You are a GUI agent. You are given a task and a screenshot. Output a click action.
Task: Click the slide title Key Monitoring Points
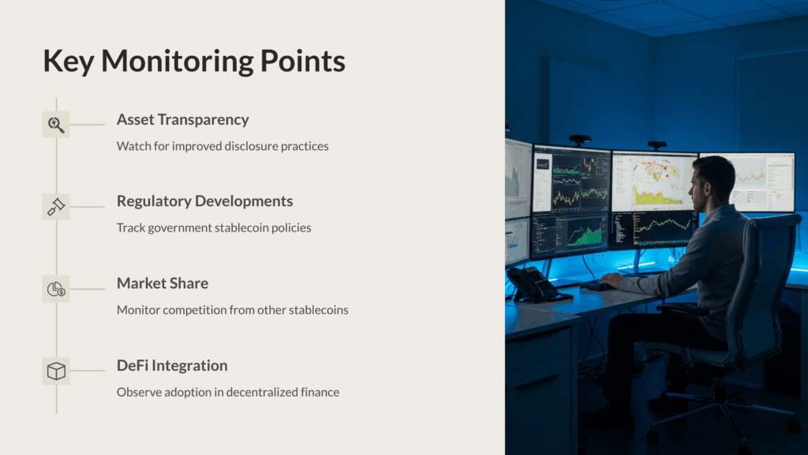click(194, 62)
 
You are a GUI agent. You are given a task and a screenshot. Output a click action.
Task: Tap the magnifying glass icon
click(56, 124)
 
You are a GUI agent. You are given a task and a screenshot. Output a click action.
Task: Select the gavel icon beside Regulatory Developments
click(56, 206)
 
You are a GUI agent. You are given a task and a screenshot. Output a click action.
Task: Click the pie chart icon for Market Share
click(56, 289)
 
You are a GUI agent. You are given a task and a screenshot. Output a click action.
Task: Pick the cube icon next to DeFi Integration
click(56, 371)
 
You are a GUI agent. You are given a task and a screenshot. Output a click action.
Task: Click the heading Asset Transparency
click(183, 120)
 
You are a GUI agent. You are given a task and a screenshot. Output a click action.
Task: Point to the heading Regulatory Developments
click(204, 201)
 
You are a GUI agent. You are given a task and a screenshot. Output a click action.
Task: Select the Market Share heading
click(163, 284)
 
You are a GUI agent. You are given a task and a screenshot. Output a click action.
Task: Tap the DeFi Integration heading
click(172, 365)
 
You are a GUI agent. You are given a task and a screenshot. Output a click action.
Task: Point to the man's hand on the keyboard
click(612, 280)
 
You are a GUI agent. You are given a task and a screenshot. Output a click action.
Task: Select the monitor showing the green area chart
click(570, 235)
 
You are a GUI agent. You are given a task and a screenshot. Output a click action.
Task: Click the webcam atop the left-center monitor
click(580, 139)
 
